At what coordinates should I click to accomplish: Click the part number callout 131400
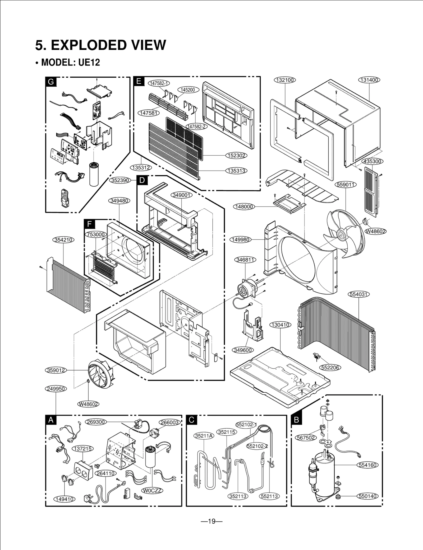click(369, 80)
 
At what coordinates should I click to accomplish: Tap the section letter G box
click(50, 82)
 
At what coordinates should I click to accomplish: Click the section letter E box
click(139, 81)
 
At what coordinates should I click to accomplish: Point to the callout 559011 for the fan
click(346, 185)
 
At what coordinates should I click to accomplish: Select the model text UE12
click(89, 63)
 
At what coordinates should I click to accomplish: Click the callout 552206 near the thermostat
click(330, 368)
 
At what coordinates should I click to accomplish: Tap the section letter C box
click(191, 420)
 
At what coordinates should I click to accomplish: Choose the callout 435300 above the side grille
click(372, 161)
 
